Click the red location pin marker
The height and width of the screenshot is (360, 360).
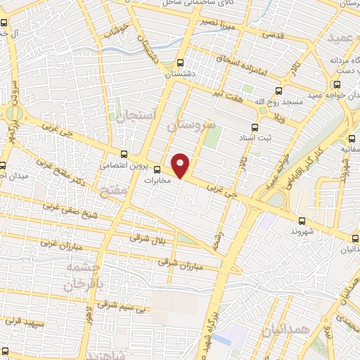pos(181,165)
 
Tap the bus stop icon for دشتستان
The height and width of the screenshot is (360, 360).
pos(182,62)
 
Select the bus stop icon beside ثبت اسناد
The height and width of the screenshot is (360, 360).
pos(255,127)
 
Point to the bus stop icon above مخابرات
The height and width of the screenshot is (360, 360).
pos(167,169)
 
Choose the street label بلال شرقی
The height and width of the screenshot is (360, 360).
pos(147,238)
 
